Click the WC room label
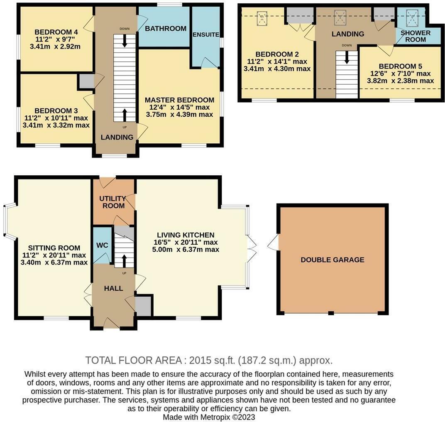(102, 245)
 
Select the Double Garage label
(333, 260)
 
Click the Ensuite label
(206, 35)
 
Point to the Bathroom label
(166, 29)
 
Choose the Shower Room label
(416, 36)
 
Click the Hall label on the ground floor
(113, 288)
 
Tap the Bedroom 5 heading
(397, 66)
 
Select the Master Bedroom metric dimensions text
(179, 115)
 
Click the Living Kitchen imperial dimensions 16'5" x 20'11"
(185, 243)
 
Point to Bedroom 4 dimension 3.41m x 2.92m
(55, 47)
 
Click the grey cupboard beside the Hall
(143, 306)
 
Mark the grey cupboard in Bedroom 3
(86, 81)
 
